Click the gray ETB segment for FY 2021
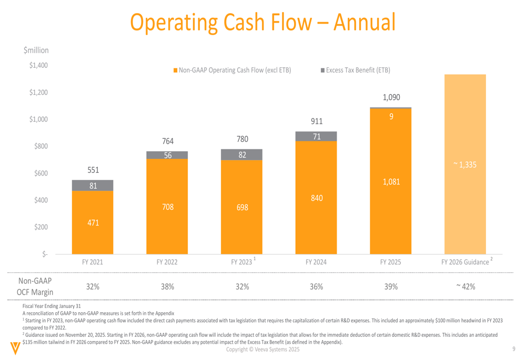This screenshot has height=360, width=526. point(93,186)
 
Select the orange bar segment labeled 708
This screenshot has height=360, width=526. point(167,207)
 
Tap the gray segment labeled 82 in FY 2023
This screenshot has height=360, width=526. point(242,155)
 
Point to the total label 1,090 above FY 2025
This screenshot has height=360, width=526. point(391,97)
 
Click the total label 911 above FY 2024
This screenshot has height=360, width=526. point(316,121)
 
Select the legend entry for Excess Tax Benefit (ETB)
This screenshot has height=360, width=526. point(356,70)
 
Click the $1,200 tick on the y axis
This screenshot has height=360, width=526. point(38,92)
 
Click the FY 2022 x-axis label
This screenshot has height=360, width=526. point(167,262)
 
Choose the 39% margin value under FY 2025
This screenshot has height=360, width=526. point(391,286)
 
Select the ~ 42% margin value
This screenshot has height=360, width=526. point(465,286)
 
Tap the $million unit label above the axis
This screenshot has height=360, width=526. point(36,50)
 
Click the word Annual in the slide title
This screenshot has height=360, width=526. point(364,22)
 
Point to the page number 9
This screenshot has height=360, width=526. point(513,349)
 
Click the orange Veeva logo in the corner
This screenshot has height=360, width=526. point(14,348)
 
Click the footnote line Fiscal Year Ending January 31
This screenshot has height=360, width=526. point(52,305)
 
